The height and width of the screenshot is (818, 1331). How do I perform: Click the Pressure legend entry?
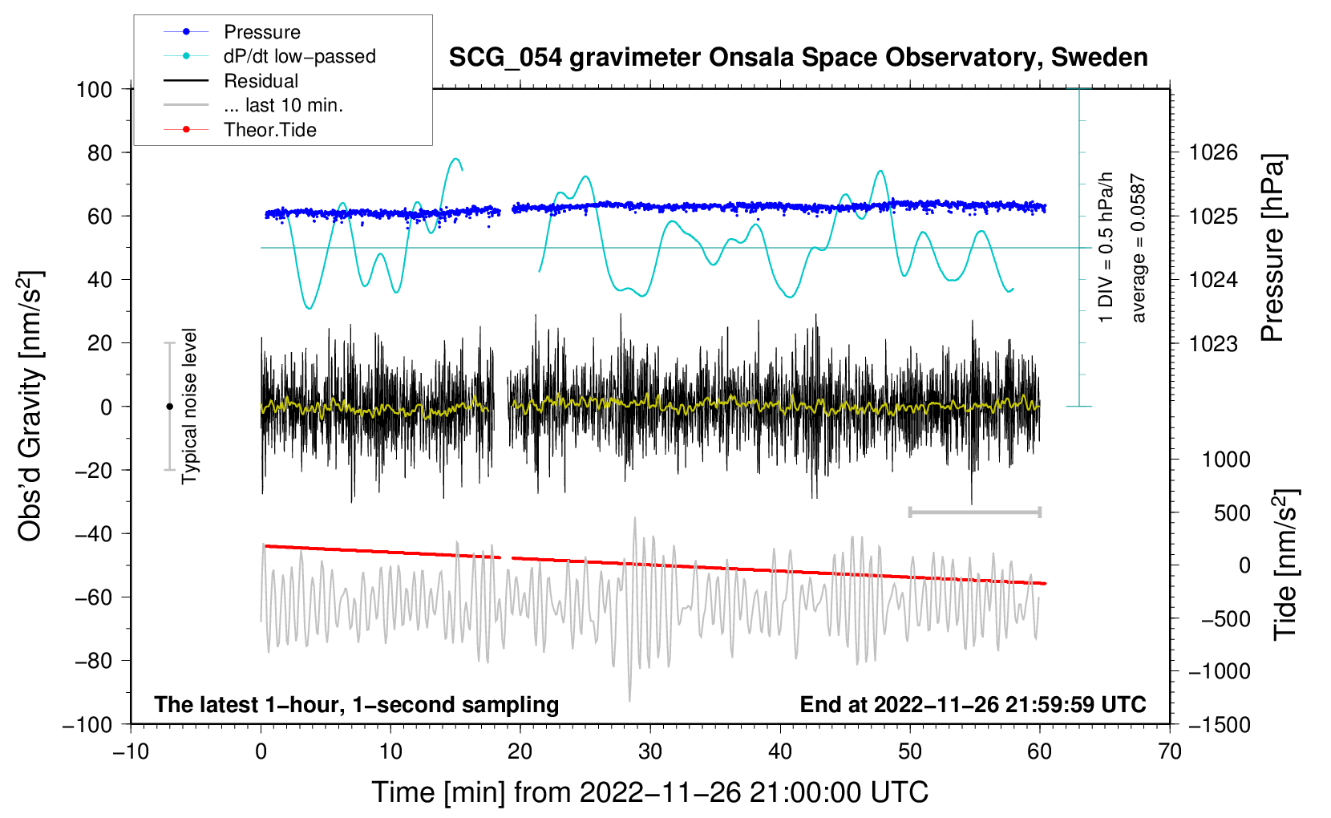(261, 32)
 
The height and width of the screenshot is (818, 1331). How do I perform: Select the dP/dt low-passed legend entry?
(299, 56)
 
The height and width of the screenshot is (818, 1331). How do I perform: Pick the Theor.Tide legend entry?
(269, 130)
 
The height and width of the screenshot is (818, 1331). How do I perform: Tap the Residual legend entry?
(261, 81)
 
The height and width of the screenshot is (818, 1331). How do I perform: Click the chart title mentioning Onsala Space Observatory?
(798, 58)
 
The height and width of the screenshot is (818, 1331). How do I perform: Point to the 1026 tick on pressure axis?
(1213, 152)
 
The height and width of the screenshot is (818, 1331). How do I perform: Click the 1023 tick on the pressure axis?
(1213, 343)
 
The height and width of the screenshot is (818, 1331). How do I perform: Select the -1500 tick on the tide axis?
(1219, 724)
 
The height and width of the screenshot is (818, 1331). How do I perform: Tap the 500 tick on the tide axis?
(1232, 512)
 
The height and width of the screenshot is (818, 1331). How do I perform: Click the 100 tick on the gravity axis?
(94, 89)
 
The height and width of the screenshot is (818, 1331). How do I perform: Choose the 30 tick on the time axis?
(650, 751)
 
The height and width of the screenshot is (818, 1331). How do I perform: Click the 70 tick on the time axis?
(1170, 751)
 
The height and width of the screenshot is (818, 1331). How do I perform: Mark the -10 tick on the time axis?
(131, 751)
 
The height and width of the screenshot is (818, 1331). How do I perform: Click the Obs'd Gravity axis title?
(30, 407)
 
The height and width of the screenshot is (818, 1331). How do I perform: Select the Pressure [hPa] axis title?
(1272, 249)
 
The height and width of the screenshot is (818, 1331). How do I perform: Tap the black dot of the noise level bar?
(169, 407)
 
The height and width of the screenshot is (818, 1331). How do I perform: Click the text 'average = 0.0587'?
(1139, 249)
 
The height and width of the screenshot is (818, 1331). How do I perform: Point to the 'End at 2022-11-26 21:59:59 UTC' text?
(973, 704)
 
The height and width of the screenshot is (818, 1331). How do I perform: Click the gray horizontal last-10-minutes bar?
(974, 512)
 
